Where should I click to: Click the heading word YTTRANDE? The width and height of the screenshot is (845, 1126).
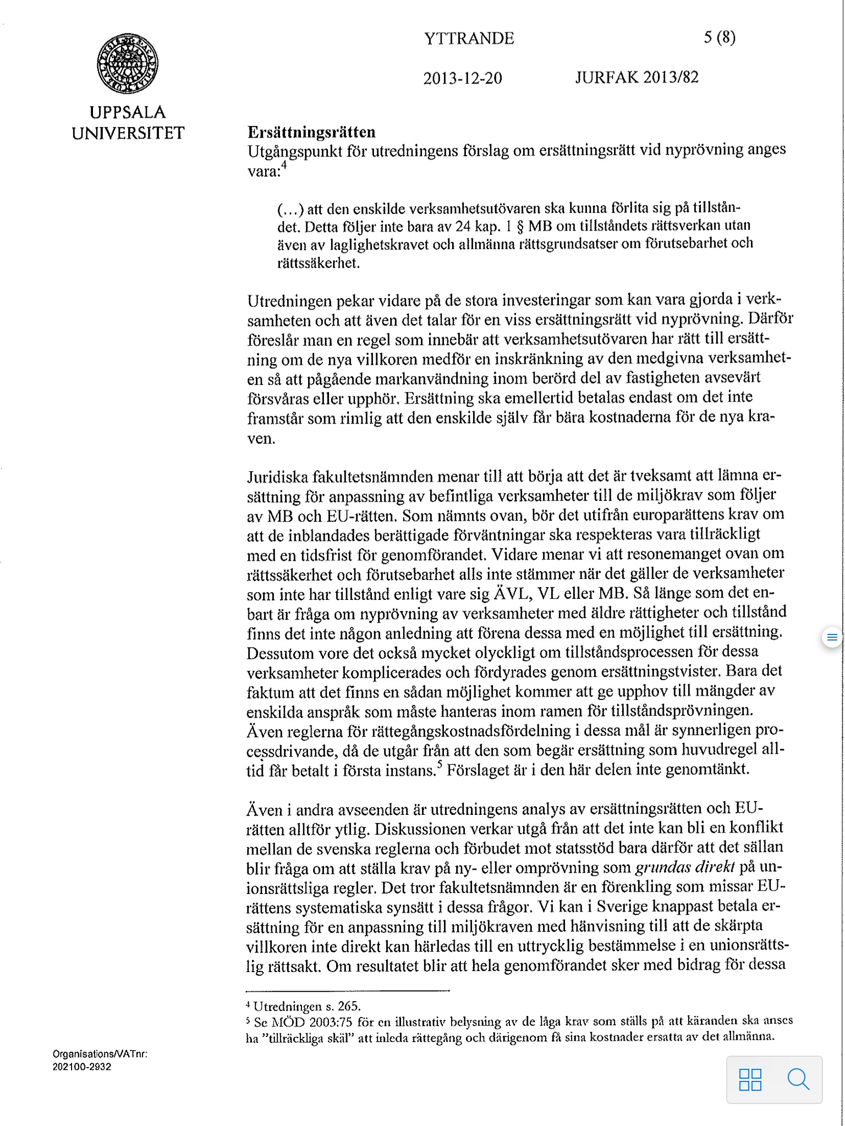(469, 38)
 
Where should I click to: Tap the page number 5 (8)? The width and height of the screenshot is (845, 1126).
(719, 37)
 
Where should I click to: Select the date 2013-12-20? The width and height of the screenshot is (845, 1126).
(462, 78)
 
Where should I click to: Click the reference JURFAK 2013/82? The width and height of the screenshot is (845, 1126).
(637, 78)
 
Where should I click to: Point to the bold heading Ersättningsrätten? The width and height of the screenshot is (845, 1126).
(311, 132)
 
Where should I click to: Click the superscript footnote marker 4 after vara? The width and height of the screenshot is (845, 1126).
(284, 165)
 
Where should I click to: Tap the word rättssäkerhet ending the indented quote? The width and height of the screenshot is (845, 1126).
(319, 263)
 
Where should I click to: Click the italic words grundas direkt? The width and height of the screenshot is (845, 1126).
(685, 868)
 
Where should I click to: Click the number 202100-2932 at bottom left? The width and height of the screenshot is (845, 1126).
(82, 1067)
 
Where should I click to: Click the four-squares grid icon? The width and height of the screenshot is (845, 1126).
(750, 1079)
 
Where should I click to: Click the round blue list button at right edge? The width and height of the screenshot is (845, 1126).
(832, 638)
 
